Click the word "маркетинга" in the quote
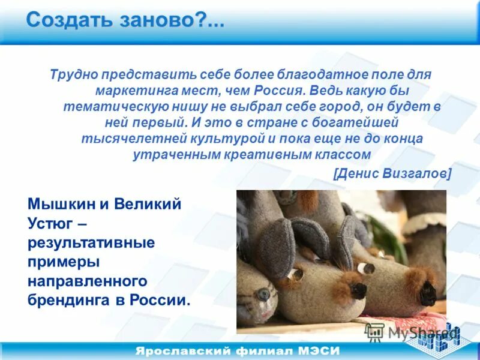coord(127,91)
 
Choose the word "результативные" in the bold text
coord(91,243)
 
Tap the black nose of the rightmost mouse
coord(427,294)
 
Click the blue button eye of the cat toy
coord(262,294)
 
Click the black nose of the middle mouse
coord(359,290)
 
